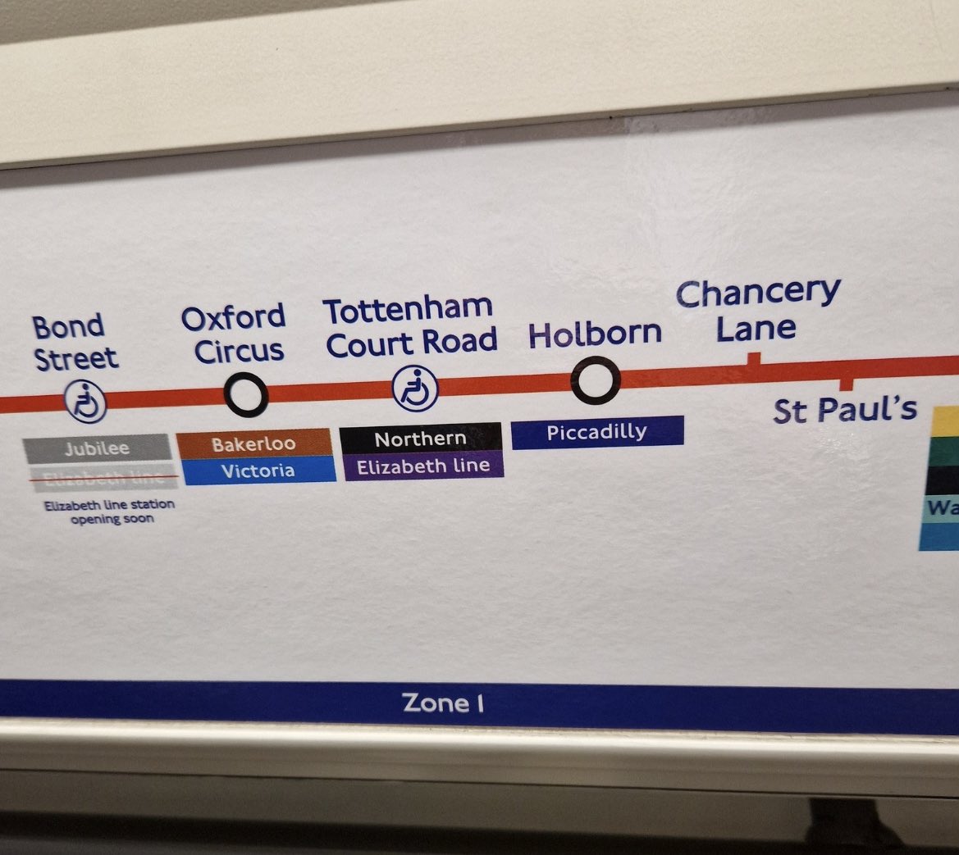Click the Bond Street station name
click(x=75, y=342)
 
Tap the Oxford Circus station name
click(x=233, y=334)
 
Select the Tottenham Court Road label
click(x=410, y=326)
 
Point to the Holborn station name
click(x=595, y=334)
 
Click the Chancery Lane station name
click(x=757, y=310)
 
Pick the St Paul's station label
click(x=844, y=410)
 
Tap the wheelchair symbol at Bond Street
click(x=86, y=402)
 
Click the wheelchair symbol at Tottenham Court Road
click(x=415, y=388)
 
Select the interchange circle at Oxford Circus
click(x=245, y=395)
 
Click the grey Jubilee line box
click(x=97, y=448)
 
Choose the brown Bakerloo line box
click(x=254, y=444)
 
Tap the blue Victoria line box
click(x=257, y=471)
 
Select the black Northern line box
click(x=420, y=439)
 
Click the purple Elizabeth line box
click(x=423, y=466)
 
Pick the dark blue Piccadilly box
click(x=596, y=431)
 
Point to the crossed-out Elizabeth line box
click(x=100, y=476)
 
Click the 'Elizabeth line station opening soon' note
click(x=109, y=512)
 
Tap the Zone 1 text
click(x=442, y=703)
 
